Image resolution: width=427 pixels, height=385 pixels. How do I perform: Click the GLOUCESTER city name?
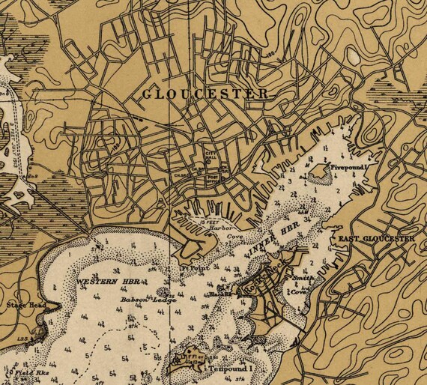pos(204,94)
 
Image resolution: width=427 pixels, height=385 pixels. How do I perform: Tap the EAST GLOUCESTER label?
pos(372,239)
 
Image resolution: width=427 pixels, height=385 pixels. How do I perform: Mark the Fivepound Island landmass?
pos(321,174)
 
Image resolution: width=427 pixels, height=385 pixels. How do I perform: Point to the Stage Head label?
pos(22,306)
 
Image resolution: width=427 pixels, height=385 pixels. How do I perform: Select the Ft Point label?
pos(193,267)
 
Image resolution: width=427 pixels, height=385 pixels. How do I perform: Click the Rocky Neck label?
pos(262,279)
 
